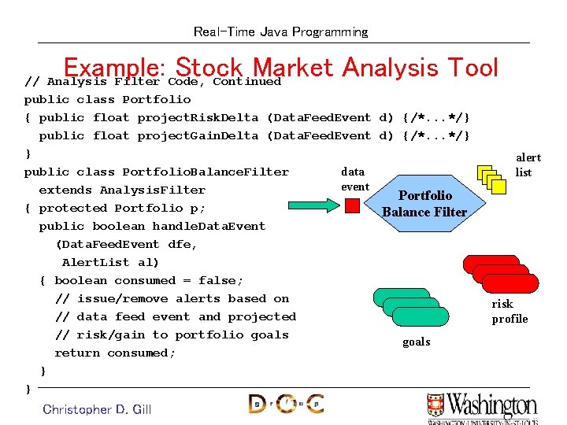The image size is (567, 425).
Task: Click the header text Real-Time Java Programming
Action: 280,32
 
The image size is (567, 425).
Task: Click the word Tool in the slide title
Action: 469,68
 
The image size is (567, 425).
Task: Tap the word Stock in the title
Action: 211,68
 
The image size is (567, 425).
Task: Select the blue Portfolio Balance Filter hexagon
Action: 424,203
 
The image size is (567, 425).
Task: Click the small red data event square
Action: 353,205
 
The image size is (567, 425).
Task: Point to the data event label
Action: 354,179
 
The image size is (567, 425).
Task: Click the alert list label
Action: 528,164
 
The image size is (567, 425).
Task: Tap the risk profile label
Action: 510,311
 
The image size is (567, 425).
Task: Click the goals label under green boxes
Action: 416,342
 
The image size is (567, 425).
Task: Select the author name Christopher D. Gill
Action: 97,408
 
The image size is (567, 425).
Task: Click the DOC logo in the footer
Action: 285,404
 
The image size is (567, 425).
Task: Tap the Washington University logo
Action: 482,407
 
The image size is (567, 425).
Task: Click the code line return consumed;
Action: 115,353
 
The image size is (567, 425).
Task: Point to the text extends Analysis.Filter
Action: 122,190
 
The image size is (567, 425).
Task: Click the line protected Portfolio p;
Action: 122,208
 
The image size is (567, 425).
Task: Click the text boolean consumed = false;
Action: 149,280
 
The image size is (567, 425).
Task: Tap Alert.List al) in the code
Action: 110,262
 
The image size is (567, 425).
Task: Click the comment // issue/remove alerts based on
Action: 172,298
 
